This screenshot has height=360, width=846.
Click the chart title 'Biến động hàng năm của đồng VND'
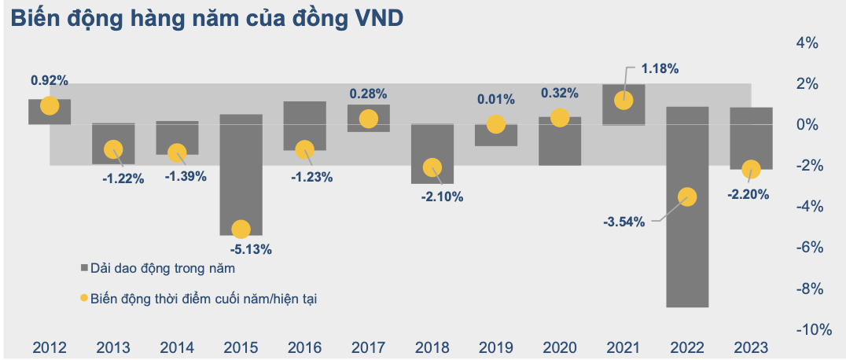click(207, 19)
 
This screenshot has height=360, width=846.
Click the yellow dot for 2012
click(50, 106)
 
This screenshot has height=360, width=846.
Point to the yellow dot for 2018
click(432, 167)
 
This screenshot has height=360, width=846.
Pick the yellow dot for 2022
click(687, 197)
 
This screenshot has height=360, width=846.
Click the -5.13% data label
click(252, 250)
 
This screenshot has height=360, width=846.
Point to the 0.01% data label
click(496, 100)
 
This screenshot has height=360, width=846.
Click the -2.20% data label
click(748, 194)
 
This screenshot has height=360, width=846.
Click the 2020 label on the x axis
click(559, 347)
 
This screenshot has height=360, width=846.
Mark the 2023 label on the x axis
click(751, 347)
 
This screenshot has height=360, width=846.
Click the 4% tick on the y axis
click(810, 43)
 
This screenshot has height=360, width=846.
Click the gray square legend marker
click(86, 268)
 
